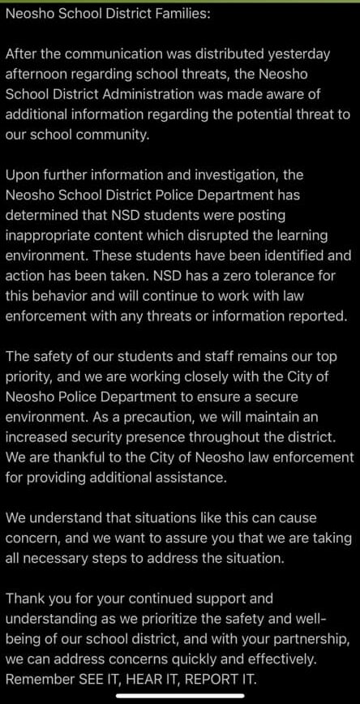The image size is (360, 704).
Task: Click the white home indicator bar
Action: click(x=180, y=696)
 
